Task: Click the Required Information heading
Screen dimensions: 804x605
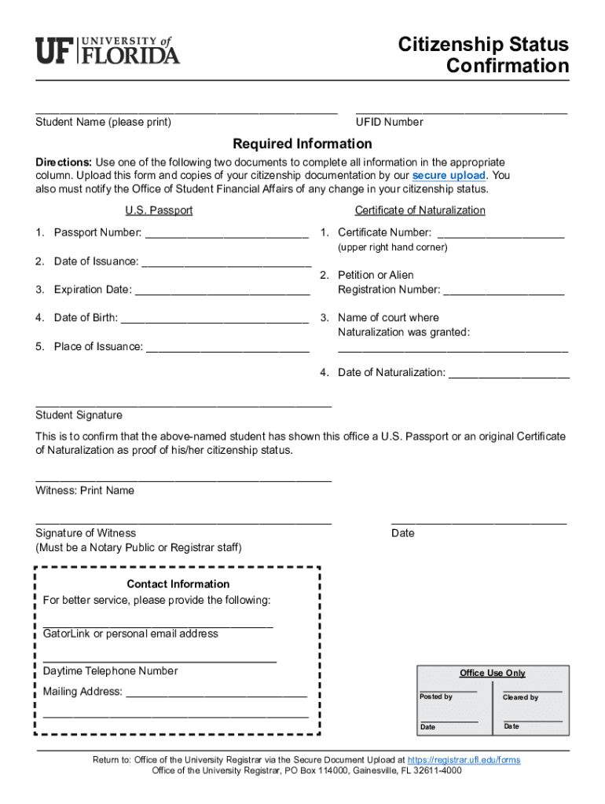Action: point(302,144)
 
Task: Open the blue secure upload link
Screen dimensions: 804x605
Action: point(449,175)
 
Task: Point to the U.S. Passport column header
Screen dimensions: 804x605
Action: point(159,210)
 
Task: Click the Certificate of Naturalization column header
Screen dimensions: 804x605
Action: point(420,210)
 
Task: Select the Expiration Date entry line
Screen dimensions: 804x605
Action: point(222,291)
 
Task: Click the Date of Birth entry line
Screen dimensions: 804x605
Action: point(214,320)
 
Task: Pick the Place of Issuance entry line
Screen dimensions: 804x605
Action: point(228,349)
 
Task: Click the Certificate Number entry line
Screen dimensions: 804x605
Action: point(500,234)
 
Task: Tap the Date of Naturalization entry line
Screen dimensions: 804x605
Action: point(508,375)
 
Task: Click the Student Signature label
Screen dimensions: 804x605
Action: point(79,415)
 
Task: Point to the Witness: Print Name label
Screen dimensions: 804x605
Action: point(85,490)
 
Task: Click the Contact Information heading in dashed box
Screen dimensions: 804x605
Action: point(178,583)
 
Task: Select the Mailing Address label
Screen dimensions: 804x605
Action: point(82,692)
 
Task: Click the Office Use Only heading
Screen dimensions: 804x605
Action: point(492,673)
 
